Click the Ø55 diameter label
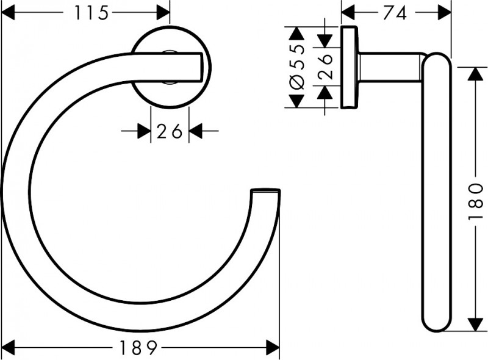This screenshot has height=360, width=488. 297,68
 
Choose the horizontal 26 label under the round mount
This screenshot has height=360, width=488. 169,131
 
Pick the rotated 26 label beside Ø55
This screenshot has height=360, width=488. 325,67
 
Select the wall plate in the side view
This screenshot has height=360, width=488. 349,67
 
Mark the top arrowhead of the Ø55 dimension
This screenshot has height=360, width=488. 297,34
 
